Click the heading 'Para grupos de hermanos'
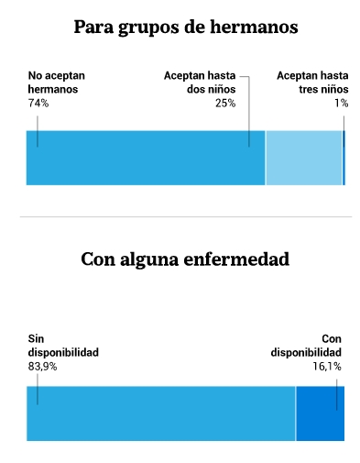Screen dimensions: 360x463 tap(186, 28)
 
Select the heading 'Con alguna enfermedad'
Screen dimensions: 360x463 tap(185, 259)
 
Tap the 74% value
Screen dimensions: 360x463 tap(38, 104)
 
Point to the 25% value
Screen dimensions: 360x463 tap(225, 104)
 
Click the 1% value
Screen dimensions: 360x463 tap(342, 104)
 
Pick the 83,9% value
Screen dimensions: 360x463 tap(42, 367)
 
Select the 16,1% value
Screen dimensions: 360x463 tap(327, 367)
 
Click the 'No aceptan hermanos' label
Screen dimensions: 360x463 tap(57, 83)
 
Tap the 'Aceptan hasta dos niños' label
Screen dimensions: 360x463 tap(200, 83)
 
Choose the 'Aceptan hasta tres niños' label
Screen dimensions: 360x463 tap(312, 83)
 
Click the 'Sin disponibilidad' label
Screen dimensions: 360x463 tap(63, 346)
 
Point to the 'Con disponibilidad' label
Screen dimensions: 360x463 tap(306, 346)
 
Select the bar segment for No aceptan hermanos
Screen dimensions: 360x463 tap(146, 158)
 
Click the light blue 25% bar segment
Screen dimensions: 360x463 tap(304, 158)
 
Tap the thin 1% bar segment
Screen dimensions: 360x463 tap(344, 158)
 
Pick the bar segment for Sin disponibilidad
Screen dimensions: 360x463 tap(161, 413)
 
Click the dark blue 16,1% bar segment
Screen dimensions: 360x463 tap(321, 413)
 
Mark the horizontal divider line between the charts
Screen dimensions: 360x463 tap(186, 217)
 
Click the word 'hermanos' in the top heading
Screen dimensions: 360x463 tap(254, 27)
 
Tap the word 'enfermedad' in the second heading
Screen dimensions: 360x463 tap(236, 259)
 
